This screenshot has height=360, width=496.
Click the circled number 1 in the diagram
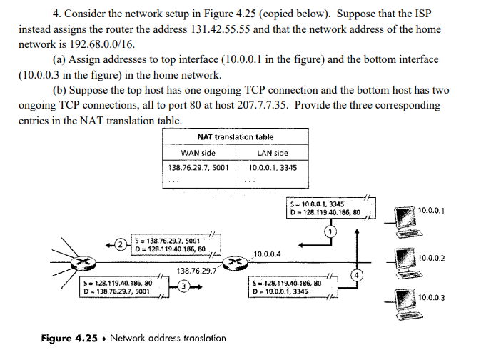(x=329, y=231)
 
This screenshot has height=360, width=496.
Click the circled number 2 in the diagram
(x=121, y=245)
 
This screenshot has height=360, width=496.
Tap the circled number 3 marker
(x=183, y=286)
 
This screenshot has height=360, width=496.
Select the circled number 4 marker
(x=355, y=275)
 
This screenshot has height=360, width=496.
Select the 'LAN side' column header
(x=272, y=153)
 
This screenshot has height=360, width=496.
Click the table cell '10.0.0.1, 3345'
(x=273, y=168)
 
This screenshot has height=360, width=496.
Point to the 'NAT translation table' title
(x=236, y=136)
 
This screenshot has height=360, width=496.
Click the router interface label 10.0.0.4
(x=268, y=254)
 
